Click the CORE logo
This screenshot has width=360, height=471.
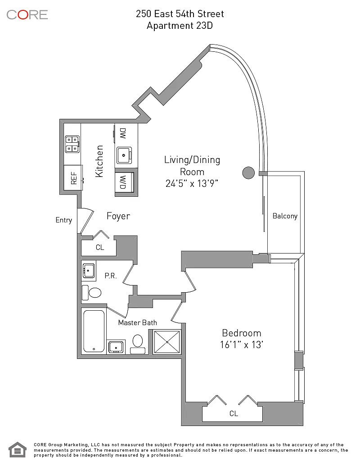(27, 14)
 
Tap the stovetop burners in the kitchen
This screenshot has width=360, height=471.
(72, 144)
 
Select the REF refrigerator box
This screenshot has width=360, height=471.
(73, 177)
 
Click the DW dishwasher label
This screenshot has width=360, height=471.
(123, 133)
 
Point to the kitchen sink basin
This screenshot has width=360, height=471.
(124, 155)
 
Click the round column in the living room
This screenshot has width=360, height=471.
(248, 173)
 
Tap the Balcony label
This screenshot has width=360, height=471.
(285, 216)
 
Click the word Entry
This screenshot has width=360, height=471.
(63, 220)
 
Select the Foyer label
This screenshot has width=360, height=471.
(118, 216)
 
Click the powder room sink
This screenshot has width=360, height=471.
(89, 271)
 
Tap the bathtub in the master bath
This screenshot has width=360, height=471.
(94, 331)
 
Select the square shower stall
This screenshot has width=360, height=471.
(167, 342)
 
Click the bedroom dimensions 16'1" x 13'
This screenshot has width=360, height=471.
(241, 344)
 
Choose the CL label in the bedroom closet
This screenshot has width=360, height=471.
(234, 414)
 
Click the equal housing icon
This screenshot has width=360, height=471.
(18, 450)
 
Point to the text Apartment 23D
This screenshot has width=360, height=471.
(180, 26)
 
